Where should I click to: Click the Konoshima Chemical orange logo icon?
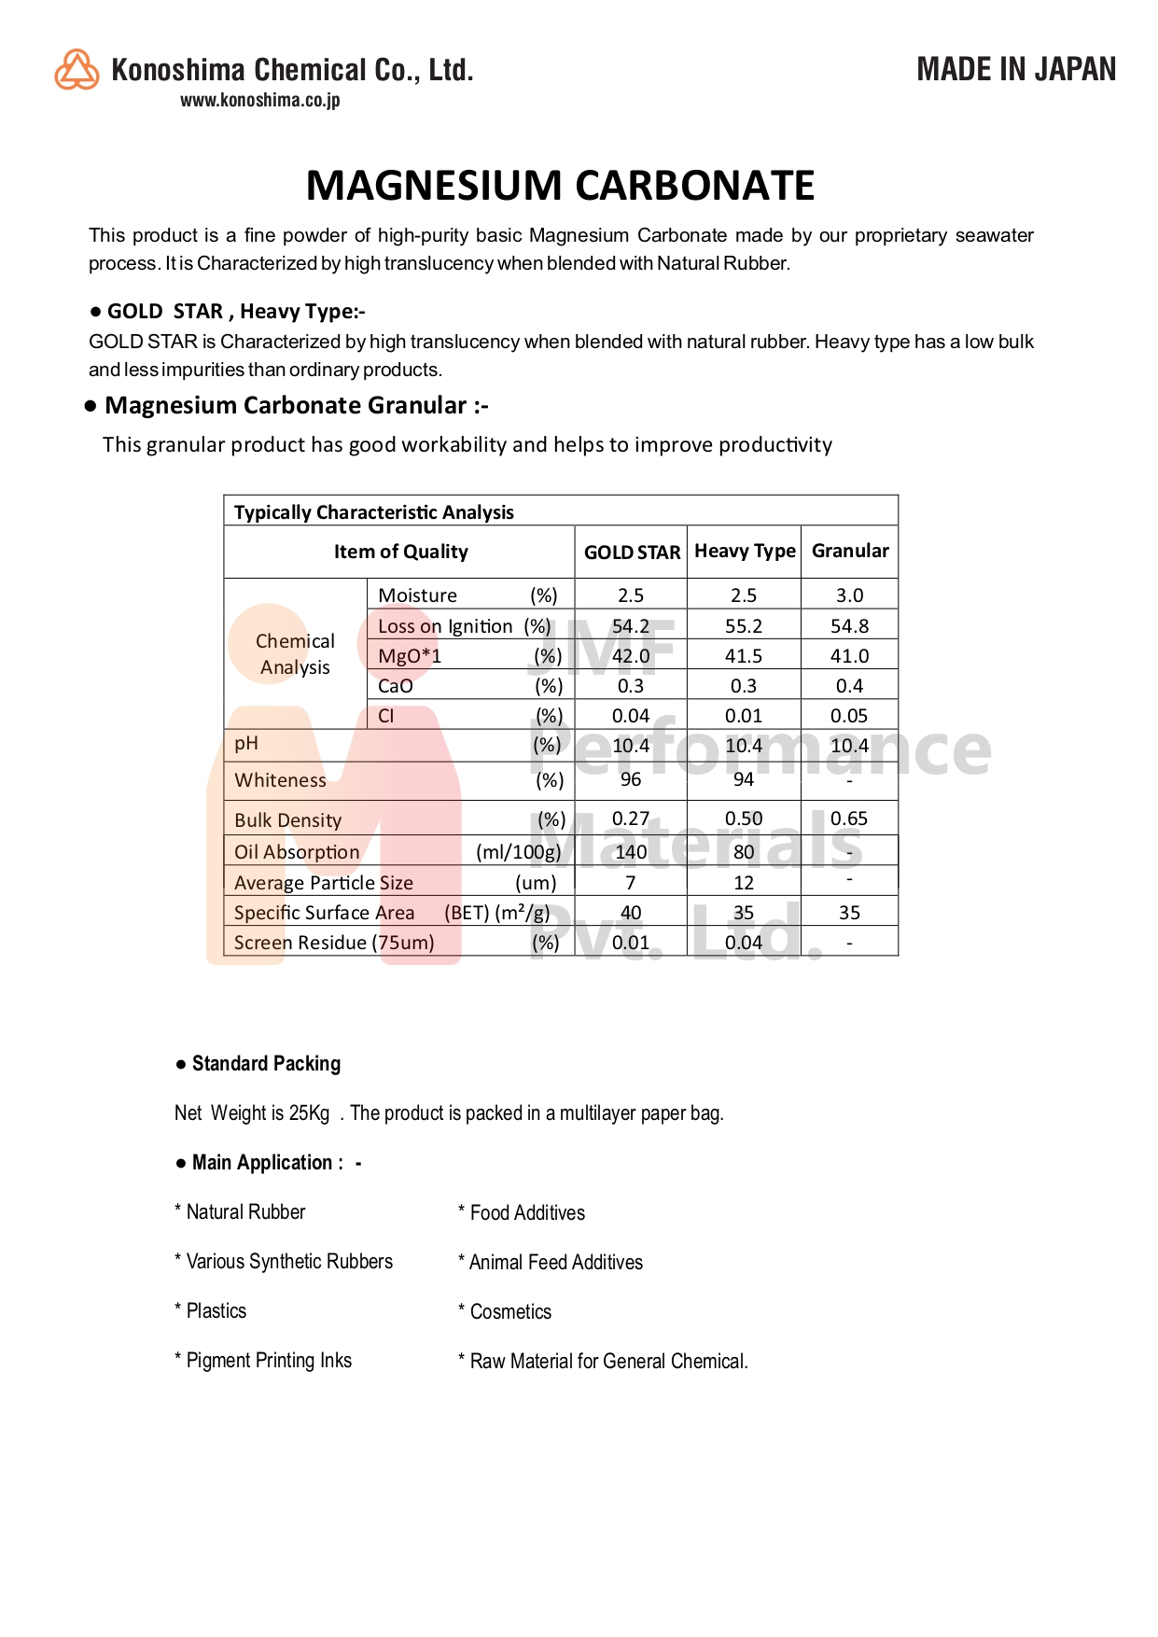coord(77,70)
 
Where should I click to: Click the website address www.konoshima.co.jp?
coord(259,100)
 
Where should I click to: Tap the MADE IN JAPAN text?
coord(1015,69)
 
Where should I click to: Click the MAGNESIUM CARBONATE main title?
coord(560,186)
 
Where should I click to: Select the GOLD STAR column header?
coord(632,553)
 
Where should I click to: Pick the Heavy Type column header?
coord(745,552)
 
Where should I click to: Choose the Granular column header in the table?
coord(850,551)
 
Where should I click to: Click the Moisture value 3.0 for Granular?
coord(849,595)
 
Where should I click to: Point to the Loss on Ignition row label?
coord(445,626)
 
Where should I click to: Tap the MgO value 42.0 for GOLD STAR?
coord(631,656)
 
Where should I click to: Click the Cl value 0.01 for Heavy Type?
coord(744,716)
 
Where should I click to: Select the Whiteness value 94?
coord(744,779)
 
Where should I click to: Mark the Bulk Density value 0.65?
coord(849,818)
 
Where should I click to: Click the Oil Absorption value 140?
coord(631,851)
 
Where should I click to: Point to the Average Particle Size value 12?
coord(744,883)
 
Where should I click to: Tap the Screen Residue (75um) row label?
coord(334,943)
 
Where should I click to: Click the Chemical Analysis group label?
coord(295,654)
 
